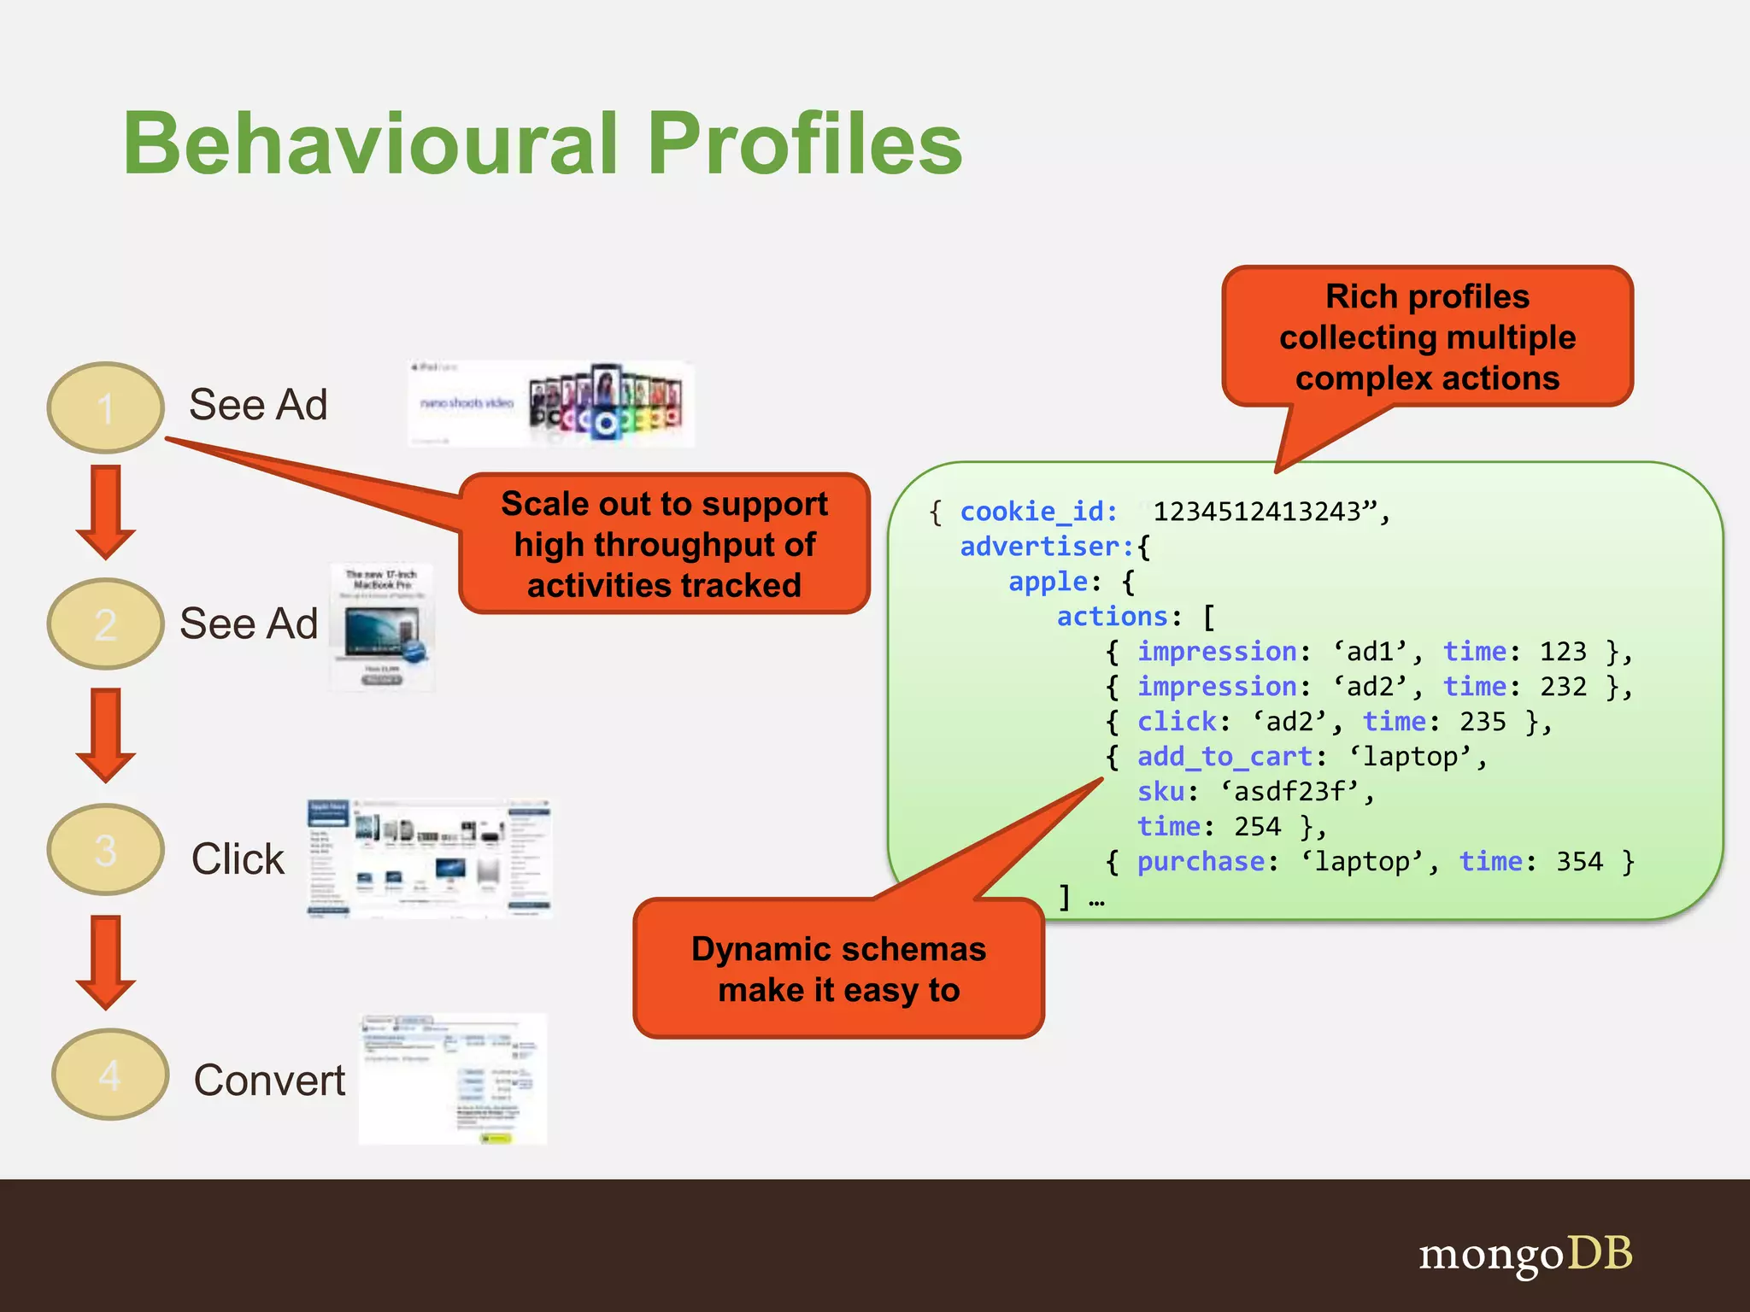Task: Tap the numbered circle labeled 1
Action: [x=105, y=407]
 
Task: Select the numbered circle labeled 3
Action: [x=105, y=850]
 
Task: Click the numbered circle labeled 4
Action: [x=109, y=1075]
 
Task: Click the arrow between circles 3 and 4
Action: [x=105, y=962]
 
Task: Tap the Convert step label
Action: [x=269, y=1081]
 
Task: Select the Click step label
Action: [x=238, y=858]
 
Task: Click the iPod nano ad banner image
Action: [x=551, y=404]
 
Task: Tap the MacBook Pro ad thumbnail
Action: [x=382, y=628]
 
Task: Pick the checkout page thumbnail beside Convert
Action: [x=452, y=1080]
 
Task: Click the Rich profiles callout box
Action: [x=1427, y=337]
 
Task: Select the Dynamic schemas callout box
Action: [x=838, y=969]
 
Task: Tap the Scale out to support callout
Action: [x=664, y=544]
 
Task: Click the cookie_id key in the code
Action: [x=1037, y=512]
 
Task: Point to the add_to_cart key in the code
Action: [x=1224, y=757]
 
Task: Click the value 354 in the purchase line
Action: [x=1578, y=862]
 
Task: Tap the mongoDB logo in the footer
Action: [x=1525, y=1255]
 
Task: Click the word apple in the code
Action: [x=1048, y=582]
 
